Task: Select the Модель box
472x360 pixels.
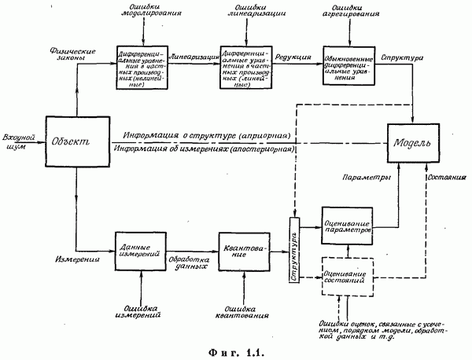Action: (415, 142)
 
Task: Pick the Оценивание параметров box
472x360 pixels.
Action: (345, 226)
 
